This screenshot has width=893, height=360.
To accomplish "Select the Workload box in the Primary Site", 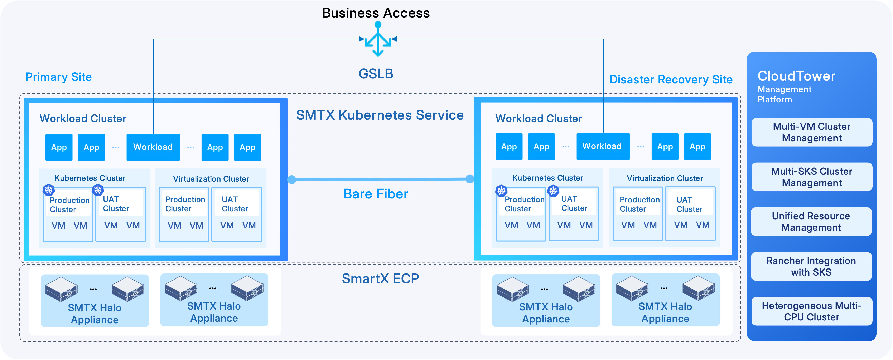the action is pos(153,147).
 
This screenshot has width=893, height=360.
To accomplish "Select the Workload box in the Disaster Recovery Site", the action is pos(603,146).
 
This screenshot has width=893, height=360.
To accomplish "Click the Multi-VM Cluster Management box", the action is pos(812,132).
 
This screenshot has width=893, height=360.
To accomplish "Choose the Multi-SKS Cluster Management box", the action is pos(812,177).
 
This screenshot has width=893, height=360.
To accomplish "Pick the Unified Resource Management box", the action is pos(811,221).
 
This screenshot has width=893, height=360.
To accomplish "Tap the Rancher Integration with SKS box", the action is pos(811,266).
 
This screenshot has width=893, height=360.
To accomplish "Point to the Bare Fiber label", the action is pos(376,194).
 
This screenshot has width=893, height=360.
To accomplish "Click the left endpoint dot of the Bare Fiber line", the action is pos(292,179).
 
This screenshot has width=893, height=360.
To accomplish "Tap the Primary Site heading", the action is pos(59,77).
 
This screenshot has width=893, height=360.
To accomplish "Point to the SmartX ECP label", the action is pos(380,278).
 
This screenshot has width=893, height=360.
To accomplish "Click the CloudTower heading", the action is pos(796,76).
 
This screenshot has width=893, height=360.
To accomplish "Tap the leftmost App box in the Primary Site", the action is pos(59,147).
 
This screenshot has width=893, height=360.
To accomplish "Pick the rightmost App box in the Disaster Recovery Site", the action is pos(697,147).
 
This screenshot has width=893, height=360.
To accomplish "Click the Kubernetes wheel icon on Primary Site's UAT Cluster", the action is pos(98,190).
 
